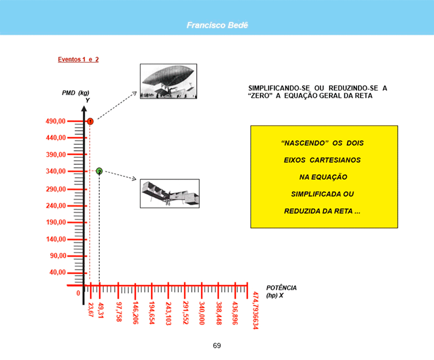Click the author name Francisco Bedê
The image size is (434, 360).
(x=217, y=25)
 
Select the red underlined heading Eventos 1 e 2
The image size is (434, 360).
(x=78, y=59)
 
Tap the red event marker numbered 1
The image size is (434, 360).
(x=90, y=121)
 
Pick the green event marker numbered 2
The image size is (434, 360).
(x=99, y=171)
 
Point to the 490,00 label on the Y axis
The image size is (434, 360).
(x=56, y=121)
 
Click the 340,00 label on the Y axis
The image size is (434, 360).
(x=56, y=171)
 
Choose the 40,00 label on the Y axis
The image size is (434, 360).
(x=58, y=272)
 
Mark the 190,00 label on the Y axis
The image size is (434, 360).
(x=56, y=222)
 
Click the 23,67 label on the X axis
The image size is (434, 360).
(x=91, y=309)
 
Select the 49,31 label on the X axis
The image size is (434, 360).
(x=101, y=310)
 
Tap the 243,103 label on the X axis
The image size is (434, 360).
(x=168, y=314)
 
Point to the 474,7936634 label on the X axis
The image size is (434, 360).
(x=256, y=310)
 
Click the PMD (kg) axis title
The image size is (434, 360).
(x=75, y=93)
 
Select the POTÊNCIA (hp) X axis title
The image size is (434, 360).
(x=281, y=292)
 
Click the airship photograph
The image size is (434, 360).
(x=169, y=81)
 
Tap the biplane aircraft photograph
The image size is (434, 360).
(x=169, y=193)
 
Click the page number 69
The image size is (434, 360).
(x=217, y=345)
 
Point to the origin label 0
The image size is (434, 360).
(x=78, y=293)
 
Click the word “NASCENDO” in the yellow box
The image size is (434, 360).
(x=305, y=143)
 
